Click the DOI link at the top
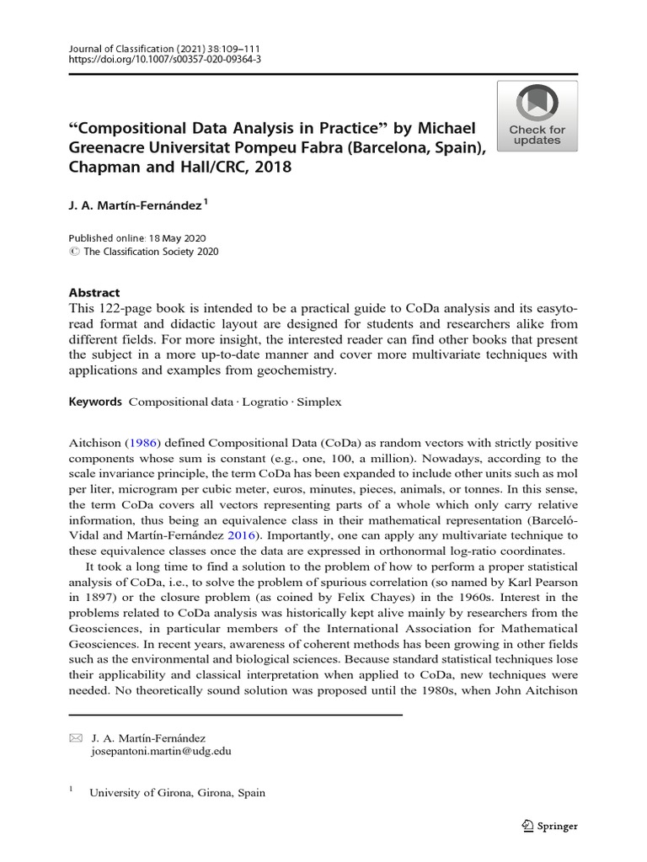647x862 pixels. (x=164, y=61)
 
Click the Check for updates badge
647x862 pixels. (x=537, y=117)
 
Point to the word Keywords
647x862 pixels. (x=94, y=402)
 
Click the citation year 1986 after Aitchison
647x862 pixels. (x=141, y=442)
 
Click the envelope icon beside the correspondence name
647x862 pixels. (x=75, y=737)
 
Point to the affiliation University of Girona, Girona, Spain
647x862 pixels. (x=176, y=792)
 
